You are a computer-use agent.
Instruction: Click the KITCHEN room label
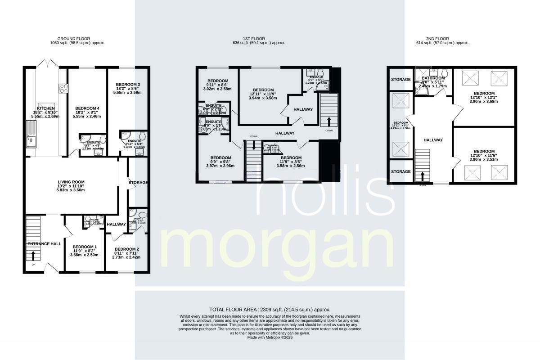[x=46, y=108]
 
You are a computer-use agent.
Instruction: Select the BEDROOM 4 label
[x=87, y=108]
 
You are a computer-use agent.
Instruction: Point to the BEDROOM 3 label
[x=128, y=85]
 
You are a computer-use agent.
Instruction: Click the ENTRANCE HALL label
[x=44, y=243]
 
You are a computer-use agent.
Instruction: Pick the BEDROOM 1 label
[x=85, y=247]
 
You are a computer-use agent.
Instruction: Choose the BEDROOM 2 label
[x=126, y=249]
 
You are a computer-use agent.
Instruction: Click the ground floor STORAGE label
[x=138, y=182]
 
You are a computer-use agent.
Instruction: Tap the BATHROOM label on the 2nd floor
[x=433, y=78]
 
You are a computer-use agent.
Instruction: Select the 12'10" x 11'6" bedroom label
[x=484, y=152]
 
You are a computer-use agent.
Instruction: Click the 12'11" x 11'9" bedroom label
[x=263, y=90]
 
